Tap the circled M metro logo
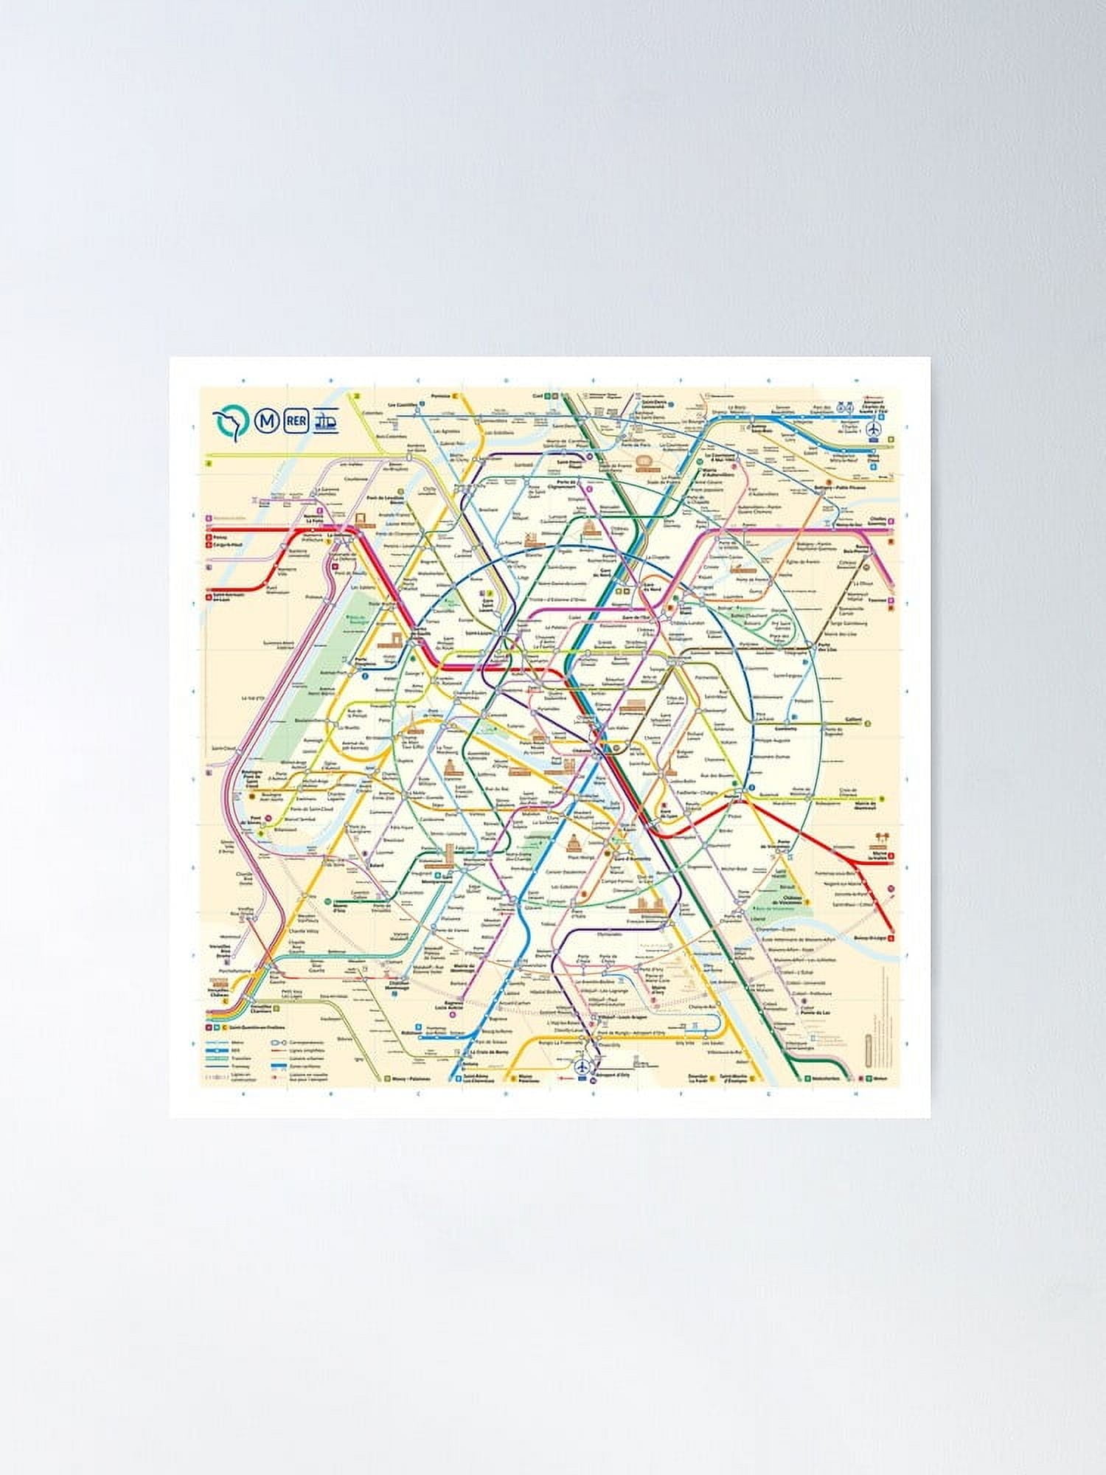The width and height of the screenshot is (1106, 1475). click(x=265, y=422)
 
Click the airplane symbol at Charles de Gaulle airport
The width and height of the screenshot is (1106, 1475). click(x=874, y=428)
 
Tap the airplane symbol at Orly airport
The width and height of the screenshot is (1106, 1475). click(x=582, y=1066)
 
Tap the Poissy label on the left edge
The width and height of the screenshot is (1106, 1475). click(x=220, y=536)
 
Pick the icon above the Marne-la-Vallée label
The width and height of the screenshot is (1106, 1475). click(x=880, y=839)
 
